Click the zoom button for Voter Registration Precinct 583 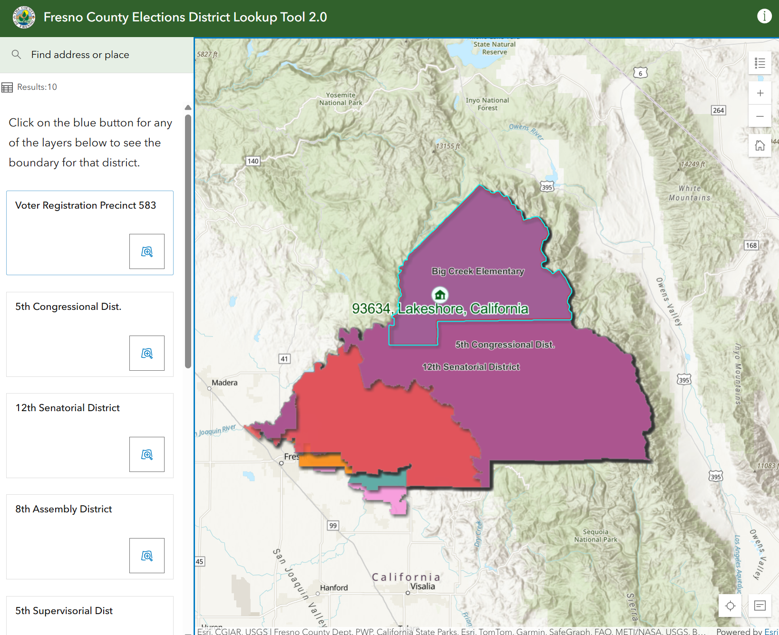(x=147, y=251)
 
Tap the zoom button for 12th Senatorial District (x=147, y=454)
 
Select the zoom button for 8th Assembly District (x=147, y=556)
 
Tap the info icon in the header (x=764, y=16)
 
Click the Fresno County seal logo (x=24, y=17)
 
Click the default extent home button (x=760, y=145)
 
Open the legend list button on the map (x=760, y=63)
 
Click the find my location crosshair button (x=730, y=606)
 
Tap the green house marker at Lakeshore (x=440, y=295)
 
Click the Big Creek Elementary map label (x=477, y=271)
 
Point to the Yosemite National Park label (x=341, y=99)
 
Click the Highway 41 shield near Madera (x=284, y=359)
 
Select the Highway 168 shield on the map (x=751, y=245)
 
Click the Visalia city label (x=422, y=587)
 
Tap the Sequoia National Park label (x=595, y=536)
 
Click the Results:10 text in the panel (x=37, y=87)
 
